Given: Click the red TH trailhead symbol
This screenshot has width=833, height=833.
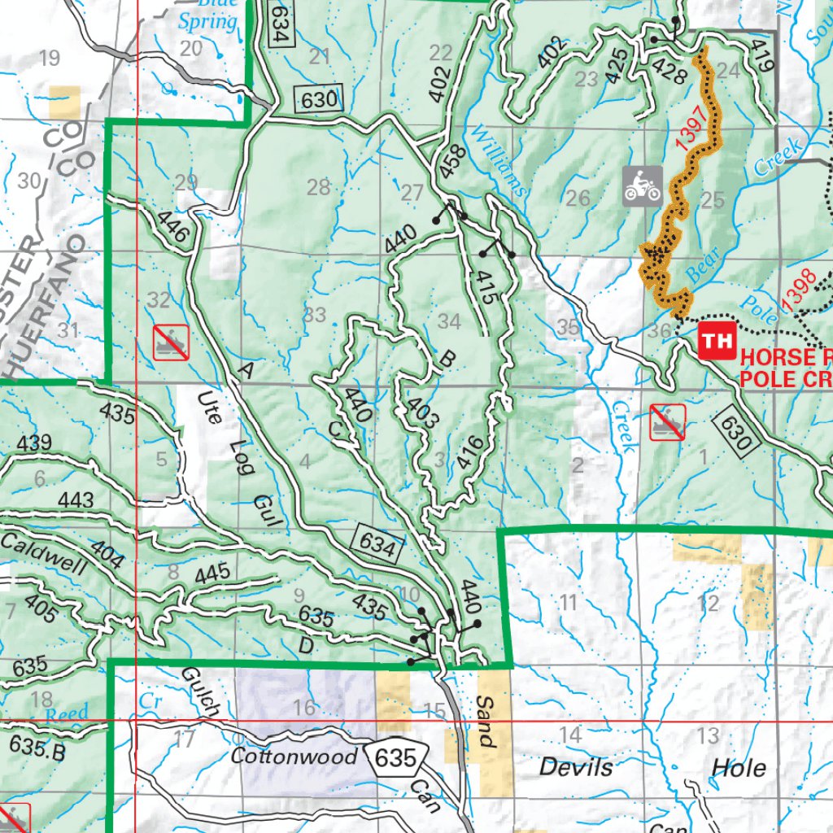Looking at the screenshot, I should click(717, 341).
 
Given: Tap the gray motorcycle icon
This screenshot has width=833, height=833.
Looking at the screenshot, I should click(643, 185).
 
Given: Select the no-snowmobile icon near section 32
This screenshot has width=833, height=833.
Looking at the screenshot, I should click(171, 342).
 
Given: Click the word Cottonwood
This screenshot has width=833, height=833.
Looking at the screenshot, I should click(294, 757).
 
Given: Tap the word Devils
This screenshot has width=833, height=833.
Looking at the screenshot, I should click(575, 767).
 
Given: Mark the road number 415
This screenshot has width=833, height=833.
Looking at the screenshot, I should click(485, 288).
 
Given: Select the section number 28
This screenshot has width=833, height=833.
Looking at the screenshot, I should click(318, 189).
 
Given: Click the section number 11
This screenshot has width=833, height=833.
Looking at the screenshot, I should click(568, 603).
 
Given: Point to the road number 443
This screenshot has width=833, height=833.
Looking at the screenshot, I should click(76, 499).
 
